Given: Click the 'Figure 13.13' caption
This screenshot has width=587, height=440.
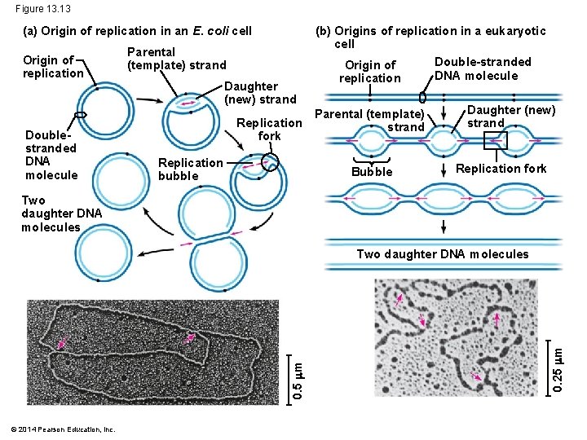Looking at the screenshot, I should tap(42, 9).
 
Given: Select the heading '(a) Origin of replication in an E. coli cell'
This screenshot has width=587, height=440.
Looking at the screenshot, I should tap(138, 31).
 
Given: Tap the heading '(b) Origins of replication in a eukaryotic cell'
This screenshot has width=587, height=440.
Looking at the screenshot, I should tap(430, 37).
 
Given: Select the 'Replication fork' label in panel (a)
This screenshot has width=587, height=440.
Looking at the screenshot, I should tap(269, 130).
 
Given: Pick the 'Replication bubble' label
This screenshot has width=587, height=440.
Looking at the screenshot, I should tap(190, 169).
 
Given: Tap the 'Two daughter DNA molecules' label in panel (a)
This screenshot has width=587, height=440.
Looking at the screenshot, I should tap(62, 213).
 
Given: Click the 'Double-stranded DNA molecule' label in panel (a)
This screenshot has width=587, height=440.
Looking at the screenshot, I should tap(51, 155).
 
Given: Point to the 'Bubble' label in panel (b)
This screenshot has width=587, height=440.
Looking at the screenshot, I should tap(372, 172).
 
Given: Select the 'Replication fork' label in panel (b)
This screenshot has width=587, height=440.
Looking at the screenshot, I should tap(501, 169).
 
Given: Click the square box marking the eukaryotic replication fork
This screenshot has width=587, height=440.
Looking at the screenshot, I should tap(495, 140).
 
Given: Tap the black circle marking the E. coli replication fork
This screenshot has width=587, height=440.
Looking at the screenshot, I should tap(270, 162).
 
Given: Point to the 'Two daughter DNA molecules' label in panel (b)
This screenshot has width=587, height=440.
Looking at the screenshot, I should tap(443, 254).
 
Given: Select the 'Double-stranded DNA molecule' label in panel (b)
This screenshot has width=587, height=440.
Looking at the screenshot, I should tap(483, 68).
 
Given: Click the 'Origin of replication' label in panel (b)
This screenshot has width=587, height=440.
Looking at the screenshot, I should tap(370, 72).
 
